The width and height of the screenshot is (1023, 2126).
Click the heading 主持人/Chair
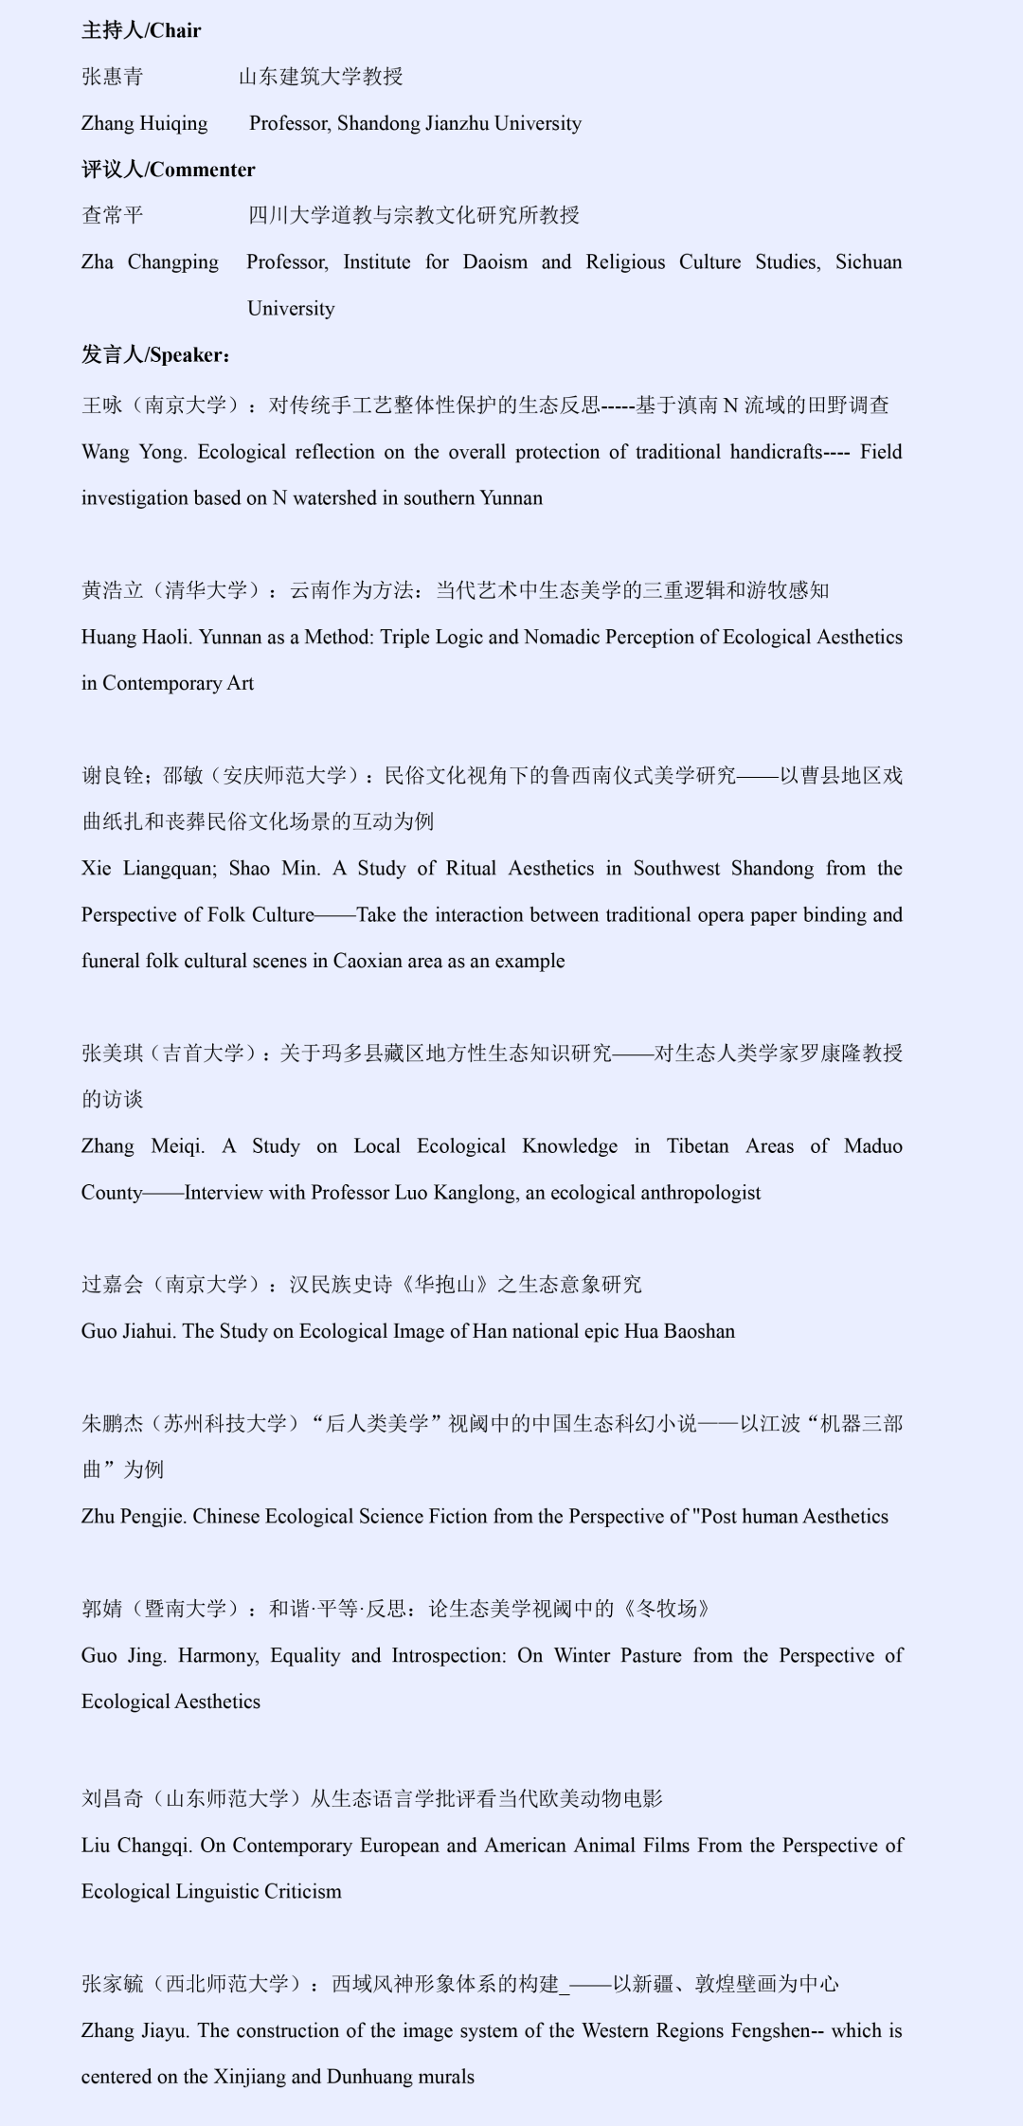(141, 30)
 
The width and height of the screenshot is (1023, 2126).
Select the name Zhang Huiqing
(144, 123)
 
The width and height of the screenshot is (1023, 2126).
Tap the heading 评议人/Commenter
(168, 170)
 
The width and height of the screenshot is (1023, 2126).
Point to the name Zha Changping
(150, 262)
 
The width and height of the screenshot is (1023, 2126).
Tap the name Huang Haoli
(136, 638)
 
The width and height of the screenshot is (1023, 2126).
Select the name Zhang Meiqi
(141, 1146)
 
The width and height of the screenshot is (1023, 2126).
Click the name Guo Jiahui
(128, 1331)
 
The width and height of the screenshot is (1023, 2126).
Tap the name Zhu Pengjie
(134, 1517)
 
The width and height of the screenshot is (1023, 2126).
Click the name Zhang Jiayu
(134, 2030)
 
